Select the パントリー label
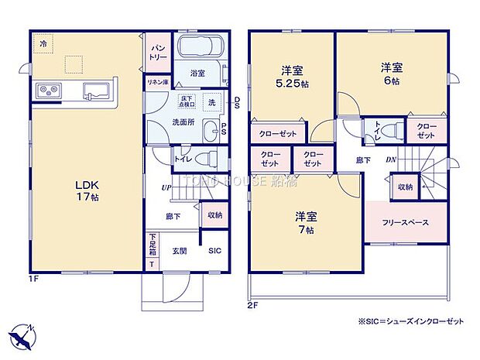(x=156, y=52)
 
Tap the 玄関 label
(x=180, y=250)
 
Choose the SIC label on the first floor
(x=214, y=250)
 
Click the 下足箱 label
(x=153, y=245)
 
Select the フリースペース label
(x=405, y=223)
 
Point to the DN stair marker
(x=392, y=159)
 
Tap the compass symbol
(x=23, y=335)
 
